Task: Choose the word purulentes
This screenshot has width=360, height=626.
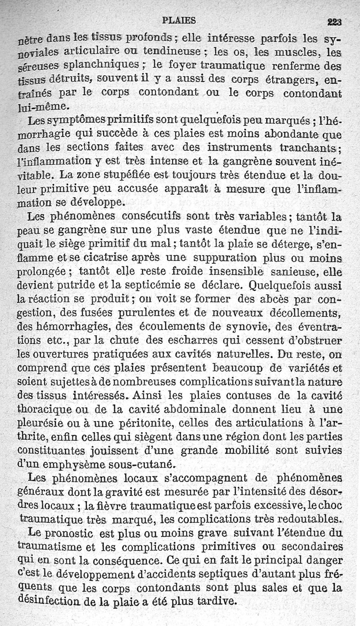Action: point(125,311)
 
